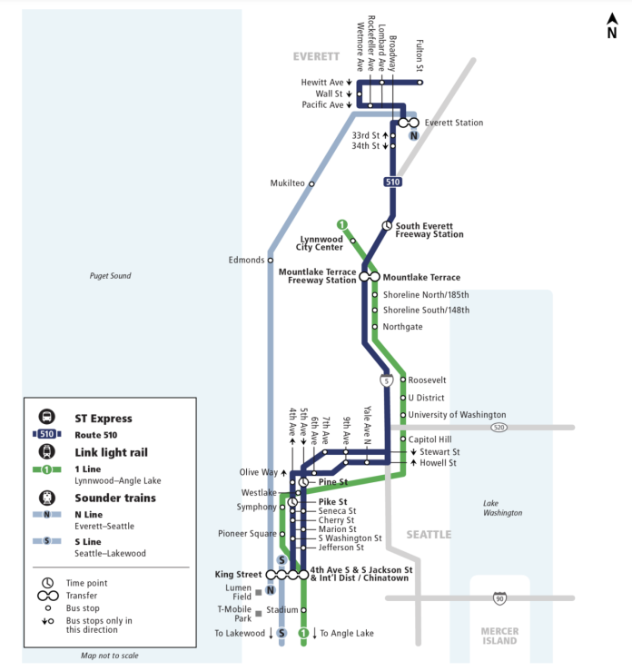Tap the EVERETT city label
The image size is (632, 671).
pos(316,56)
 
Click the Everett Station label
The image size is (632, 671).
pos(454,123)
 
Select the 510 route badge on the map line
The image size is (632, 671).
pos(392,183)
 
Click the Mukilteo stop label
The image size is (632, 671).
pos(288,183)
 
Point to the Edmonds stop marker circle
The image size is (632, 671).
pos(270,261)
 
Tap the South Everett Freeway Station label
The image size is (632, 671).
pos(430,230)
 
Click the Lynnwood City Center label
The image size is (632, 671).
pos(321,243)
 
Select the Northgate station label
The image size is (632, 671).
pos(402,327)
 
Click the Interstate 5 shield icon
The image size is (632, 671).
pos(388,381)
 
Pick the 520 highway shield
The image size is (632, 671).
pos(498,427)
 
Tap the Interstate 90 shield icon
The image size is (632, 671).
pos(499,598)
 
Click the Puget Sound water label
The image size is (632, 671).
pos(110,276)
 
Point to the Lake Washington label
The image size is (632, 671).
pos(502,508)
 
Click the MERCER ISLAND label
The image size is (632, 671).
pos(499,636)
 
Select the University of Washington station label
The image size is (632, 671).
pos(457,415)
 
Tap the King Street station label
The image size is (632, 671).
pos(237,575)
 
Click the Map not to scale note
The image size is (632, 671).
pos(109,655)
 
